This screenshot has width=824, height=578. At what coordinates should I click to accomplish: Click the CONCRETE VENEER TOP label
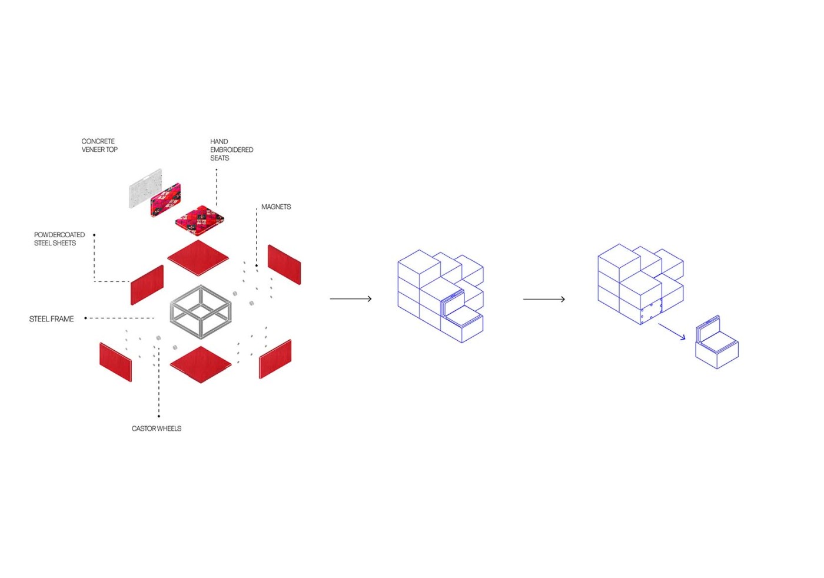point(99,145)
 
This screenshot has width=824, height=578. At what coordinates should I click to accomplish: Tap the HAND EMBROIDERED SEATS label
point(231,150)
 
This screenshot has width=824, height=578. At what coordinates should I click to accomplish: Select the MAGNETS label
point(276,207)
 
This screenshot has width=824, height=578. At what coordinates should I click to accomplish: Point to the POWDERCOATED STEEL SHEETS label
point(59,238)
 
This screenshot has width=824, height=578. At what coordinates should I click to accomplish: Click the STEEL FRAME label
point(52,319)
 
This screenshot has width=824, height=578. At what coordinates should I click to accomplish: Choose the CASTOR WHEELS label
point(157,428)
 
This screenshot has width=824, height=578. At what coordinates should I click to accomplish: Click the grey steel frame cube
point(201,312)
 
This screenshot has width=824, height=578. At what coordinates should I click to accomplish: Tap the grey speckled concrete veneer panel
point(145,188)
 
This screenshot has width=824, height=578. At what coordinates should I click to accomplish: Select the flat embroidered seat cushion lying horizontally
point(200,220)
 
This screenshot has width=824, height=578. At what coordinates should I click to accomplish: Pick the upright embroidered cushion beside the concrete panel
point(165,200)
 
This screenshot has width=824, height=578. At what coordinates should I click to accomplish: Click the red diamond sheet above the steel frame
point(198,258)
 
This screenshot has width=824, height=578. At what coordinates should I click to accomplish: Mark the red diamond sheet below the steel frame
point(200,364)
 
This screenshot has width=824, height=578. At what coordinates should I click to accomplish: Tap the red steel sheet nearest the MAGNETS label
point(284,264)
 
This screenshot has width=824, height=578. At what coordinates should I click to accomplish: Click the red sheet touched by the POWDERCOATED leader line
point(147,285)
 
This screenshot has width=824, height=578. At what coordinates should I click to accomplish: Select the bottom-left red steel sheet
point(115,361)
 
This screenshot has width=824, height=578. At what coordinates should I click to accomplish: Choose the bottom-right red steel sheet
point(275,359)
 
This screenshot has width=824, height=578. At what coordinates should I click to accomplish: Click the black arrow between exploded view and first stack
point(351,299)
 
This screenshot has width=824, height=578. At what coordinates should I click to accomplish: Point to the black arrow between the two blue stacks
point(544,299)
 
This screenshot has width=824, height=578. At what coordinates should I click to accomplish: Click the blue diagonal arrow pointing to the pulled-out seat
point(672,331)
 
